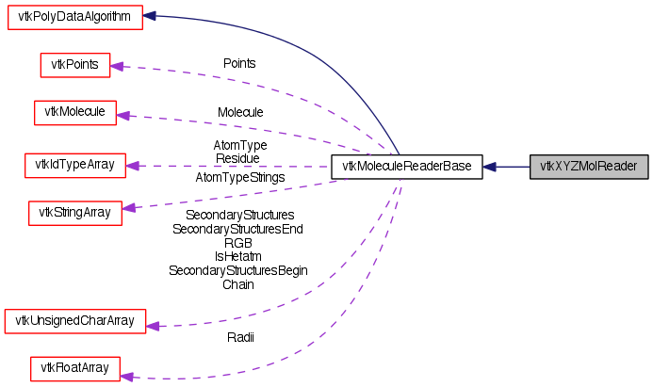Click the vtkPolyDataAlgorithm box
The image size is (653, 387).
point(74,17)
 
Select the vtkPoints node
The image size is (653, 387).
point(75,65)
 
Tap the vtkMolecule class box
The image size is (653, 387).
point(75,112)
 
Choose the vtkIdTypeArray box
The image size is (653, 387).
point(74,165)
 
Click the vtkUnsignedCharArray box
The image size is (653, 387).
point(74,321)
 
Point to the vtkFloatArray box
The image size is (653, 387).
point(75,368)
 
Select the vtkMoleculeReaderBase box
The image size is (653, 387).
point(406,167)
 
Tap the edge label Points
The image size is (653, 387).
point(239,63)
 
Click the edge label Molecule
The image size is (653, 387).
point(240,112)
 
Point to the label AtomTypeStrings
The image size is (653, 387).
point(240,177)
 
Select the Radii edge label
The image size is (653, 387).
point(239,337)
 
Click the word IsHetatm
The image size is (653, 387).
point(238,256)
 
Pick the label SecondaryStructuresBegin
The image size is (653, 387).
point(238,270)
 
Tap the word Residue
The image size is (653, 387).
point(237,159)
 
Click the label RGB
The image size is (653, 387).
point(238,242)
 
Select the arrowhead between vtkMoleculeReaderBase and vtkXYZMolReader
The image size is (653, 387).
point(490,167)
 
